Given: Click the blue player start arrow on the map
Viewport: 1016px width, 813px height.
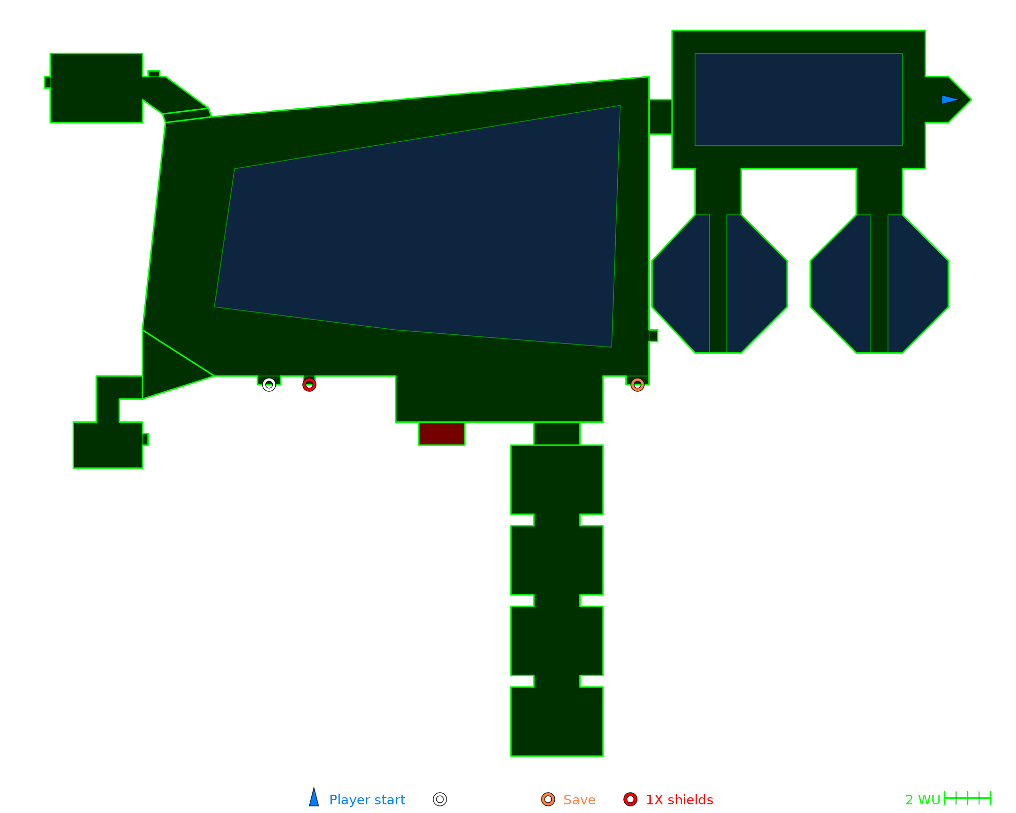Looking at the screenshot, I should [x=949, y=100].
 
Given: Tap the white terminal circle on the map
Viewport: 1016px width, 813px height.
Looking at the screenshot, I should [x=269, y=385].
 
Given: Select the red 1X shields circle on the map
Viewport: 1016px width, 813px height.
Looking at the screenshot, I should [x=309, y=385].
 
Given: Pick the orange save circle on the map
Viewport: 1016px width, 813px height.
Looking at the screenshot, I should [x=638, y=385].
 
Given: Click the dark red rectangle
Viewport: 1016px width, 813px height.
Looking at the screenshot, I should [x=441, y=433].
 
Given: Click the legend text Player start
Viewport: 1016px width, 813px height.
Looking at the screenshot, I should [x=367, y=800].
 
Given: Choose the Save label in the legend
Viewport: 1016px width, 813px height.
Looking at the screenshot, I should [x=579, y=800].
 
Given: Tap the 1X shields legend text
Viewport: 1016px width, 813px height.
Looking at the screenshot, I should [x=679, y=800].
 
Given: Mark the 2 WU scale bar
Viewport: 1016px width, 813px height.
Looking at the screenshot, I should [x=967, y=798].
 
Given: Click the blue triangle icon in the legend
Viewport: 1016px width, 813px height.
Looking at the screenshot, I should [x=314, y=798].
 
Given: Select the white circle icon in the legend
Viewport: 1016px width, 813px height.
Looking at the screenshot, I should [x=440, y=799].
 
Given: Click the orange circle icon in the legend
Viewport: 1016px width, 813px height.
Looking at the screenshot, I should [x=548, y=799].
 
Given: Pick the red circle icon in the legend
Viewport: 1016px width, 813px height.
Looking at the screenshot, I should [x=630, y=799].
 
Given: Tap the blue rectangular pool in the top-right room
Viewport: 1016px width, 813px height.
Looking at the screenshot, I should [x=799, y=100].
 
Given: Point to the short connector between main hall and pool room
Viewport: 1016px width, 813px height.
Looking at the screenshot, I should [x=660, y=117].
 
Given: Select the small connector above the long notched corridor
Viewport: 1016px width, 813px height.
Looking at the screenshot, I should [x=557, y=433].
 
